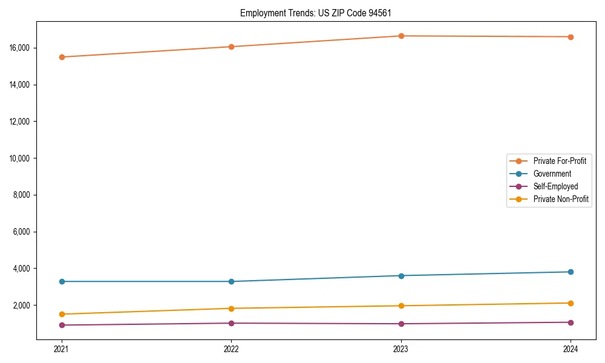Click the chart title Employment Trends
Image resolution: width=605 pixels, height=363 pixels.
click(320, 13)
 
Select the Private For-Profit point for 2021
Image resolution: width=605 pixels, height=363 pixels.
click(62, 57)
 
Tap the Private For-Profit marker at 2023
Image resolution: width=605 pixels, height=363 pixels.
click(401, 36)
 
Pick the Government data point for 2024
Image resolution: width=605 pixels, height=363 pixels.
click(571, 272)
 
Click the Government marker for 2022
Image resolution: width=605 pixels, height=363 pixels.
click(231, 281)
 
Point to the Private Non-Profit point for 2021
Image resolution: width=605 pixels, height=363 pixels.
click(62, 314)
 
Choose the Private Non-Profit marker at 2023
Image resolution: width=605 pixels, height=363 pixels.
click(401, 306)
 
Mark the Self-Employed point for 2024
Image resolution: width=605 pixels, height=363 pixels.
click(571, 322)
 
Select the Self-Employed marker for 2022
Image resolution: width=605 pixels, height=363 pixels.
click(231, 323)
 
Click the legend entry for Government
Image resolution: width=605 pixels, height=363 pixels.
click(552, 174)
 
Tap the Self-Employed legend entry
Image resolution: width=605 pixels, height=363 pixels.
click(555, 186)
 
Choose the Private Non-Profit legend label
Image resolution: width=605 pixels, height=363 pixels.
click(561, 199)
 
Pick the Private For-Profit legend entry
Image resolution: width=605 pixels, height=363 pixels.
click(560, 161)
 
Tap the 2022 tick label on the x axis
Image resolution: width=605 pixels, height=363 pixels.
click(231, 348)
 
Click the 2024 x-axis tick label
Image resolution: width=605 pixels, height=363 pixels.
click(571, 348)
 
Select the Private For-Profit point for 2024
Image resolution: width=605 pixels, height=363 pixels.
click(571, 37)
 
